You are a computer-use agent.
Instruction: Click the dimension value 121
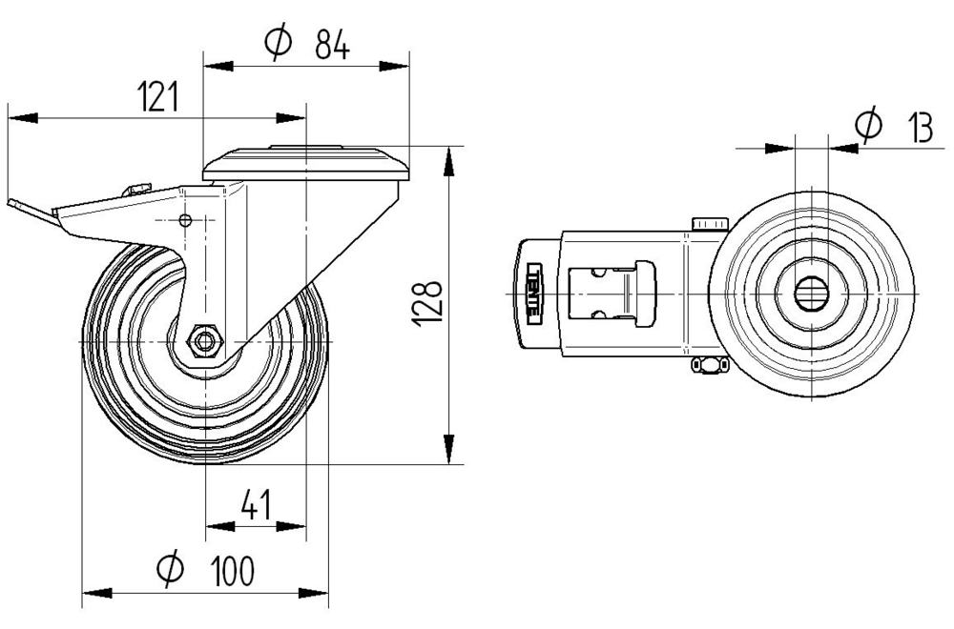tap(158, 97)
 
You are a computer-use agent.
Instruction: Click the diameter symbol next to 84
tap(278, 43)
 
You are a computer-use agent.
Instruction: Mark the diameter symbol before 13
tap(868, 124)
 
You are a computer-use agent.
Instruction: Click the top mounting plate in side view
tap(305, 164)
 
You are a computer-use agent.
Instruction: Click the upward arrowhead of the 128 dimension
tap(448, 161)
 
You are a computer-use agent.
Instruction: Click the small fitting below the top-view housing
tap(707, 364)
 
